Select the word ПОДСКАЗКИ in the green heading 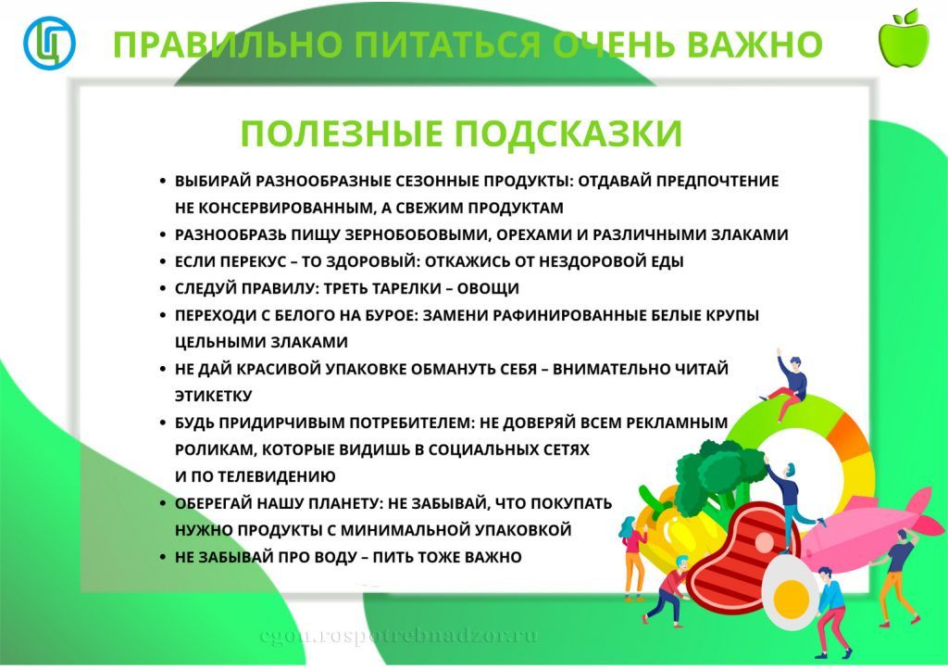click(x=568, y=134)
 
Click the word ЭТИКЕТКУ click(x=213, y=396)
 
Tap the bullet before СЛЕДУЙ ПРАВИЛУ click(x=163, y=289)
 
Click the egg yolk click(x=790, y=585)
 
